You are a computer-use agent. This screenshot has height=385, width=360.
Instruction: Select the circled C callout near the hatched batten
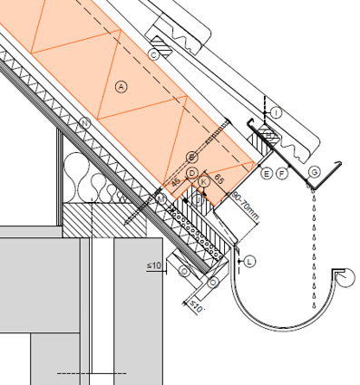coord(154,55)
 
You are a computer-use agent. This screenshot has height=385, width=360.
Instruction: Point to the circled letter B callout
coord(191,157)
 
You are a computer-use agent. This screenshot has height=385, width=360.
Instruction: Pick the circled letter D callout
coord(192,173)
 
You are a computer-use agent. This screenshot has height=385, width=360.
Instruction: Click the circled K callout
coord(204,182)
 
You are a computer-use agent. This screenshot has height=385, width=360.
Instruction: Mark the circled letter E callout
coord(267,172)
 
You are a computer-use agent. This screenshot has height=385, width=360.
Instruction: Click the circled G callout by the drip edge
coord(314,172)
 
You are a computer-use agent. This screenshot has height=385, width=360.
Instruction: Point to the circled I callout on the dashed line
coord(277,111)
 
